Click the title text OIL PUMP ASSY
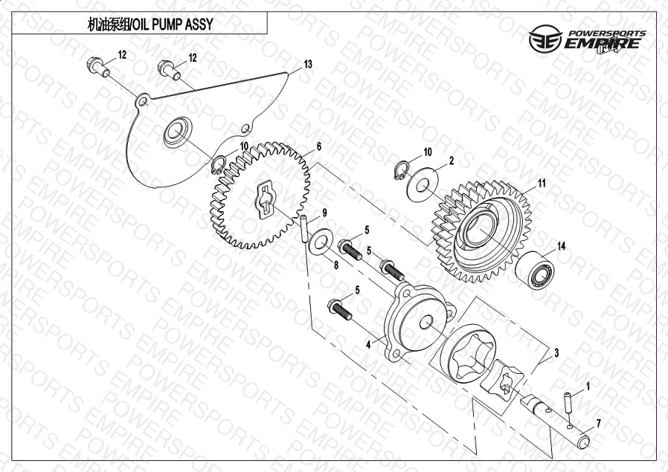[x=173, y=25]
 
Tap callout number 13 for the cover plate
[x=307, y=64]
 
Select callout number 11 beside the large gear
[x=541, y=184]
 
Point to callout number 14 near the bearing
[x=561, y=246]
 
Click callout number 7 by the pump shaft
[x=598, y=424]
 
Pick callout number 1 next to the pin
[x=588, y=387]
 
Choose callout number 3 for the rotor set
[x=556, y=353]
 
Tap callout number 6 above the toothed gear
[x=318, y=147]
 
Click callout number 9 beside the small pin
[x=324, y=213]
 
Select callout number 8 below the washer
[x=335, y=265]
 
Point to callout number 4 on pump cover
[x=368, y=345]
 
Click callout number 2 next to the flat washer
[x=451, y=161]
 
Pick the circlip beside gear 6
[x=219, y=165]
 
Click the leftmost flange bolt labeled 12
[x=98, y=67]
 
